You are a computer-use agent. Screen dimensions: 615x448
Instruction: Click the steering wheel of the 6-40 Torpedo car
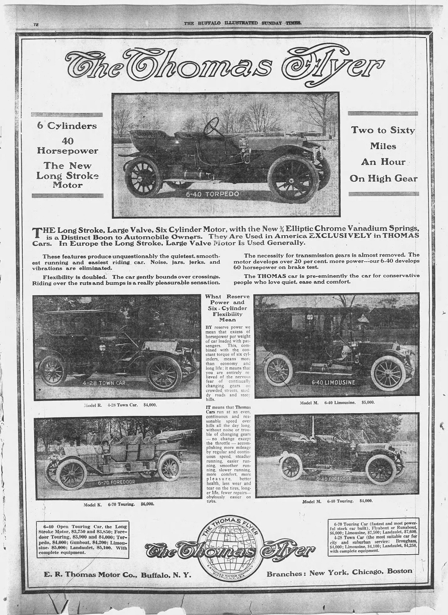(x=214, y=125)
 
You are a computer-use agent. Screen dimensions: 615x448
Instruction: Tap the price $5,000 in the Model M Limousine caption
(x=368, y=402)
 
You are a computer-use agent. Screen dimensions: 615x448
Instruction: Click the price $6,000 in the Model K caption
(x=147, y=504)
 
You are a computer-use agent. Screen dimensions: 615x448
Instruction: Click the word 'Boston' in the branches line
(x=399, y=571)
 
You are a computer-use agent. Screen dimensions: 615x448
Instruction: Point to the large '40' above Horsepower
(x=67, y=141)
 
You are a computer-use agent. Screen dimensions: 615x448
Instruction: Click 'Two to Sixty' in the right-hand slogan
(x=383, y=130)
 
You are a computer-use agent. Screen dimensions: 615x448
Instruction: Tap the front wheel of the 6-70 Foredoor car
(x=70, y=475)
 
